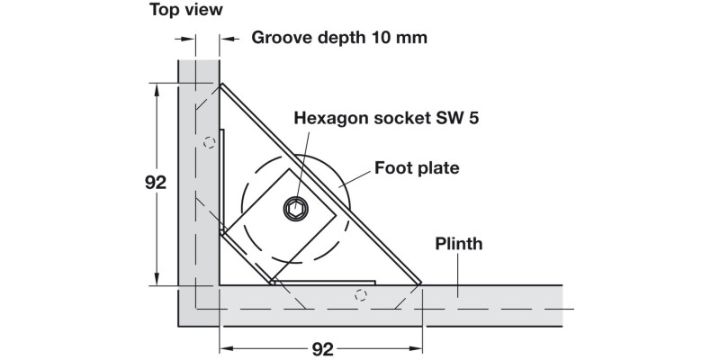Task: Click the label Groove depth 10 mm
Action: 338,38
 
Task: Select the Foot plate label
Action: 417,167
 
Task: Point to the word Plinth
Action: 459,243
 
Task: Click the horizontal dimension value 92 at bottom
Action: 321,348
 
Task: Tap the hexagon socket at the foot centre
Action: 296,210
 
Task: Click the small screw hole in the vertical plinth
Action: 208,141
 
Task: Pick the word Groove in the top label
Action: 280,38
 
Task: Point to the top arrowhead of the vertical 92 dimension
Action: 157,88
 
